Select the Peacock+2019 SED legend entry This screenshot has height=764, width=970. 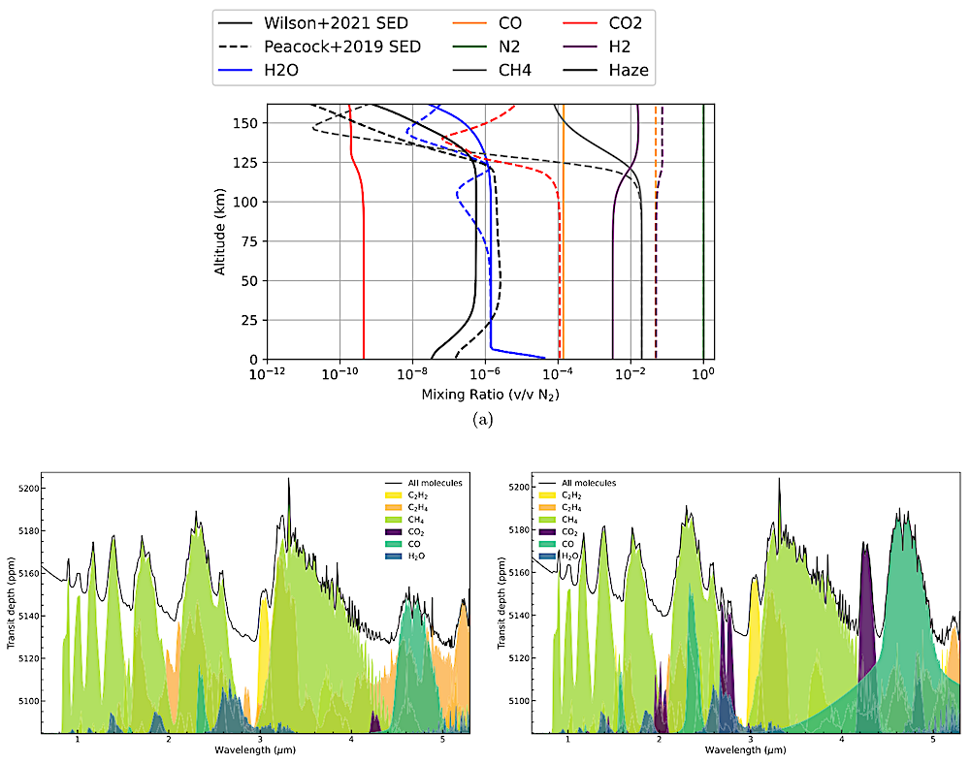(336, 46)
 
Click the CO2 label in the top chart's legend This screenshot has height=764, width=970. (623, 21)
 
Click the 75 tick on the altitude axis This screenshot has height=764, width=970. (251, 241)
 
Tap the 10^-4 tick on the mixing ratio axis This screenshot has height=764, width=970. (558, 372)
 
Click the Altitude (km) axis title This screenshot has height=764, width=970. (222, 231)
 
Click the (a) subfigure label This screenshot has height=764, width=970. (482, 419)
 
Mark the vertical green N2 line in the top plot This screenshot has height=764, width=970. (703, 233)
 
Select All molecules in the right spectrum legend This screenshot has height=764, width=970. (593, 482)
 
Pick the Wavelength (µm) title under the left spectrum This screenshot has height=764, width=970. (257, 750)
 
